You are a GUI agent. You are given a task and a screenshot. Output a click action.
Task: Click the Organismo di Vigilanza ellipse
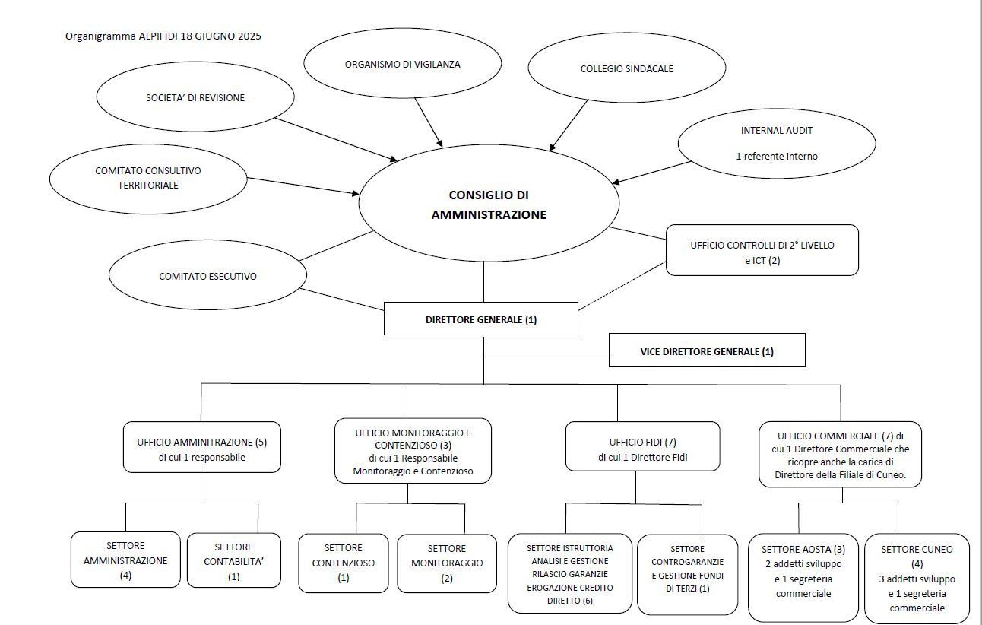pos(402,64)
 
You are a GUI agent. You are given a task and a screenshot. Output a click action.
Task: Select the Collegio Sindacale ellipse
pos(627,68)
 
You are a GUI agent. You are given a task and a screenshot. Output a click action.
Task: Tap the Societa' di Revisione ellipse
pos(195,97)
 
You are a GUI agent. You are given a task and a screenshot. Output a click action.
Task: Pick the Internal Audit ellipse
pos(777,144)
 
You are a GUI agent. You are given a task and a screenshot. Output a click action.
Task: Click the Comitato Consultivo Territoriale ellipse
pos(148,179)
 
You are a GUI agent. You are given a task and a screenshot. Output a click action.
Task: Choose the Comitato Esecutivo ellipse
pos(207,275)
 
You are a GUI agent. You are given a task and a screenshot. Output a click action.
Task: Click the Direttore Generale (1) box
pos(481,319)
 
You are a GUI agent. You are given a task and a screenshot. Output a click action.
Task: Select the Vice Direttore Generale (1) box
pos(707,351)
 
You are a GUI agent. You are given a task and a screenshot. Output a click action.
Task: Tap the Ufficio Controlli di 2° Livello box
pos(762,250)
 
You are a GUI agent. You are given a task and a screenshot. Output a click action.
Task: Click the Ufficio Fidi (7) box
pos(643,446)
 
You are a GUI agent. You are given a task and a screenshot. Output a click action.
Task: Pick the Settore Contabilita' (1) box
pos(233,560)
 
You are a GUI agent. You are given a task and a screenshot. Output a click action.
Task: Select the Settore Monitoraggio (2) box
pos(447,563)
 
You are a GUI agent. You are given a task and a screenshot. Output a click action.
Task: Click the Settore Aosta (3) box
pos(803,578)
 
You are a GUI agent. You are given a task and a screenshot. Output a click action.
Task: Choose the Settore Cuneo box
pos(917,578)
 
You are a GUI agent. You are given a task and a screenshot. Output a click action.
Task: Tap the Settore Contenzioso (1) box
pos(344,563)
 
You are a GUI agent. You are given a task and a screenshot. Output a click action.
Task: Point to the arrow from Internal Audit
pos(652,173)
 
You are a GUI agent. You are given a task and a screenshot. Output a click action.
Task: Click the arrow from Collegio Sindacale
pos(569,125)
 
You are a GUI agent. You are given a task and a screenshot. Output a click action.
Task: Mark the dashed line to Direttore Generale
pos(622,286)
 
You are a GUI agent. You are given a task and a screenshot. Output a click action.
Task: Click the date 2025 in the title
pos(249,36)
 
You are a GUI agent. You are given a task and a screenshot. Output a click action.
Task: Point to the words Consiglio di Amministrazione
pos(489,205)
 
